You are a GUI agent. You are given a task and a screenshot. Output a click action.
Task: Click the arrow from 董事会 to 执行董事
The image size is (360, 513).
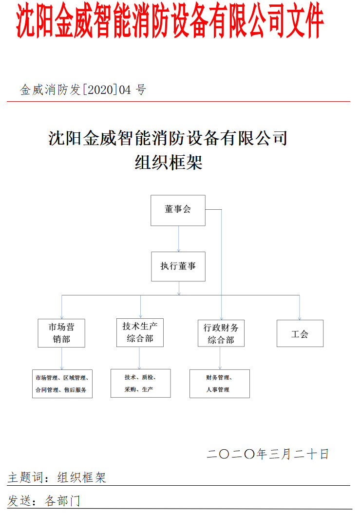178,239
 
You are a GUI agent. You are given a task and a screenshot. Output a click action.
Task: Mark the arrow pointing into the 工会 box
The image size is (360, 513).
300,308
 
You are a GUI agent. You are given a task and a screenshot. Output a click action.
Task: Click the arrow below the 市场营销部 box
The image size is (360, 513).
61,358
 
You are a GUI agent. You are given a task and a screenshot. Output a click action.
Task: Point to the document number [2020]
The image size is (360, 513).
100,90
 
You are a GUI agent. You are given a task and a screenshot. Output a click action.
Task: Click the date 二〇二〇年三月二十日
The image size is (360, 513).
267,454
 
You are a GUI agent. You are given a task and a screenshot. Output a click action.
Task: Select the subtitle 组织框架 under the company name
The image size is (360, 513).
169,162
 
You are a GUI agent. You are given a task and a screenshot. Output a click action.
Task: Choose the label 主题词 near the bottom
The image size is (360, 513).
25,477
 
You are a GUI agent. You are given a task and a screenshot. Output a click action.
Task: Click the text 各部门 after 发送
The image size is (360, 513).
62,500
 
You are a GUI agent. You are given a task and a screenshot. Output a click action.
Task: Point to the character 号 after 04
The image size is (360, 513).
141,90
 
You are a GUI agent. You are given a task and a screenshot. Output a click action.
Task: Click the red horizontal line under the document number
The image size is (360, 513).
178,101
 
